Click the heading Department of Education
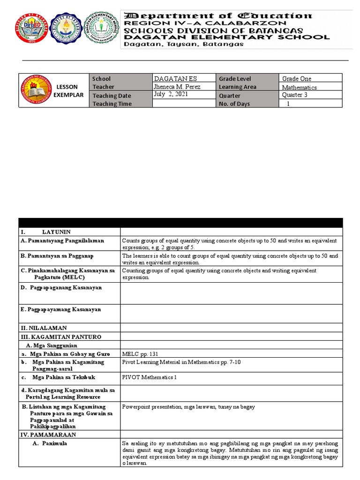[217, 15]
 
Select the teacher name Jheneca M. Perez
[177, 87]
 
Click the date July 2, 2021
[170, 94]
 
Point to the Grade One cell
[296, 79]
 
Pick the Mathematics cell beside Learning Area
[299, 87]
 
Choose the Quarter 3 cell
[295, 95]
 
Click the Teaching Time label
[112, 104]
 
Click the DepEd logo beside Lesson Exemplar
[34, 91]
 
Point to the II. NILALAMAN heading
[44, 328]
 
